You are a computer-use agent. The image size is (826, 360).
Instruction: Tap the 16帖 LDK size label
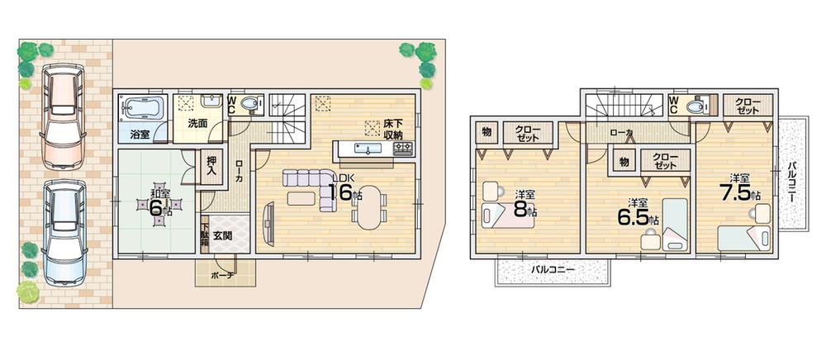(x=344, y=192)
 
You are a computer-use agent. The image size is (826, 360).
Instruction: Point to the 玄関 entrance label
(x=223, y=235)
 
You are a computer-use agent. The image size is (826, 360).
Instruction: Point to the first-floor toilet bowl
(x=251, y=103)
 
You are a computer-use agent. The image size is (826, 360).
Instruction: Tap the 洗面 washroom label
(x=196, y=124)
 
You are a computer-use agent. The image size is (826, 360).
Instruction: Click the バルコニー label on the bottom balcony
(x=553, y=269)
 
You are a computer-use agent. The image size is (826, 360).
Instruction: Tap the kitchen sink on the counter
(x=364, y=149)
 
